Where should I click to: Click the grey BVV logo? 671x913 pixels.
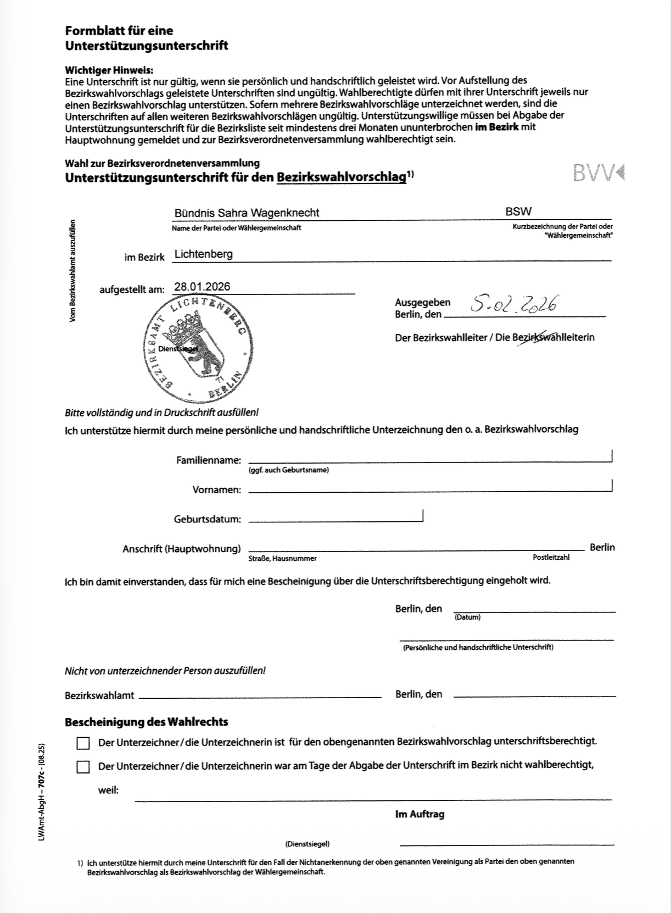598,172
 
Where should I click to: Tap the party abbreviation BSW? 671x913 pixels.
518,211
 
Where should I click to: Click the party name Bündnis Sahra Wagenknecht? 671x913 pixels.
247,213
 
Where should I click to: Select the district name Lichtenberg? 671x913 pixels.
203,254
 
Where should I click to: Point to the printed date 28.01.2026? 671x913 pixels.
202,286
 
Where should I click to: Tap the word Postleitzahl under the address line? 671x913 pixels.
551,557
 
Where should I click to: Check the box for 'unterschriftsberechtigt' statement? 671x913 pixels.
83,743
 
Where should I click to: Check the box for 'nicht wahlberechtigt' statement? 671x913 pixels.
83,767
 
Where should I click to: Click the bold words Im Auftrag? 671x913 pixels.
420,814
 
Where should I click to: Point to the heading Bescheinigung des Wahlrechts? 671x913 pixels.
146,722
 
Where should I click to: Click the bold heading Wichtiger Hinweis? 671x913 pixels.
109,70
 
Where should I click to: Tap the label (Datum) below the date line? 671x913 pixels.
467,617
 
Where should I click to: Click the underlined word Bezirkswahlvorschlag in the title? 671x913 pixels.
342,177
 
